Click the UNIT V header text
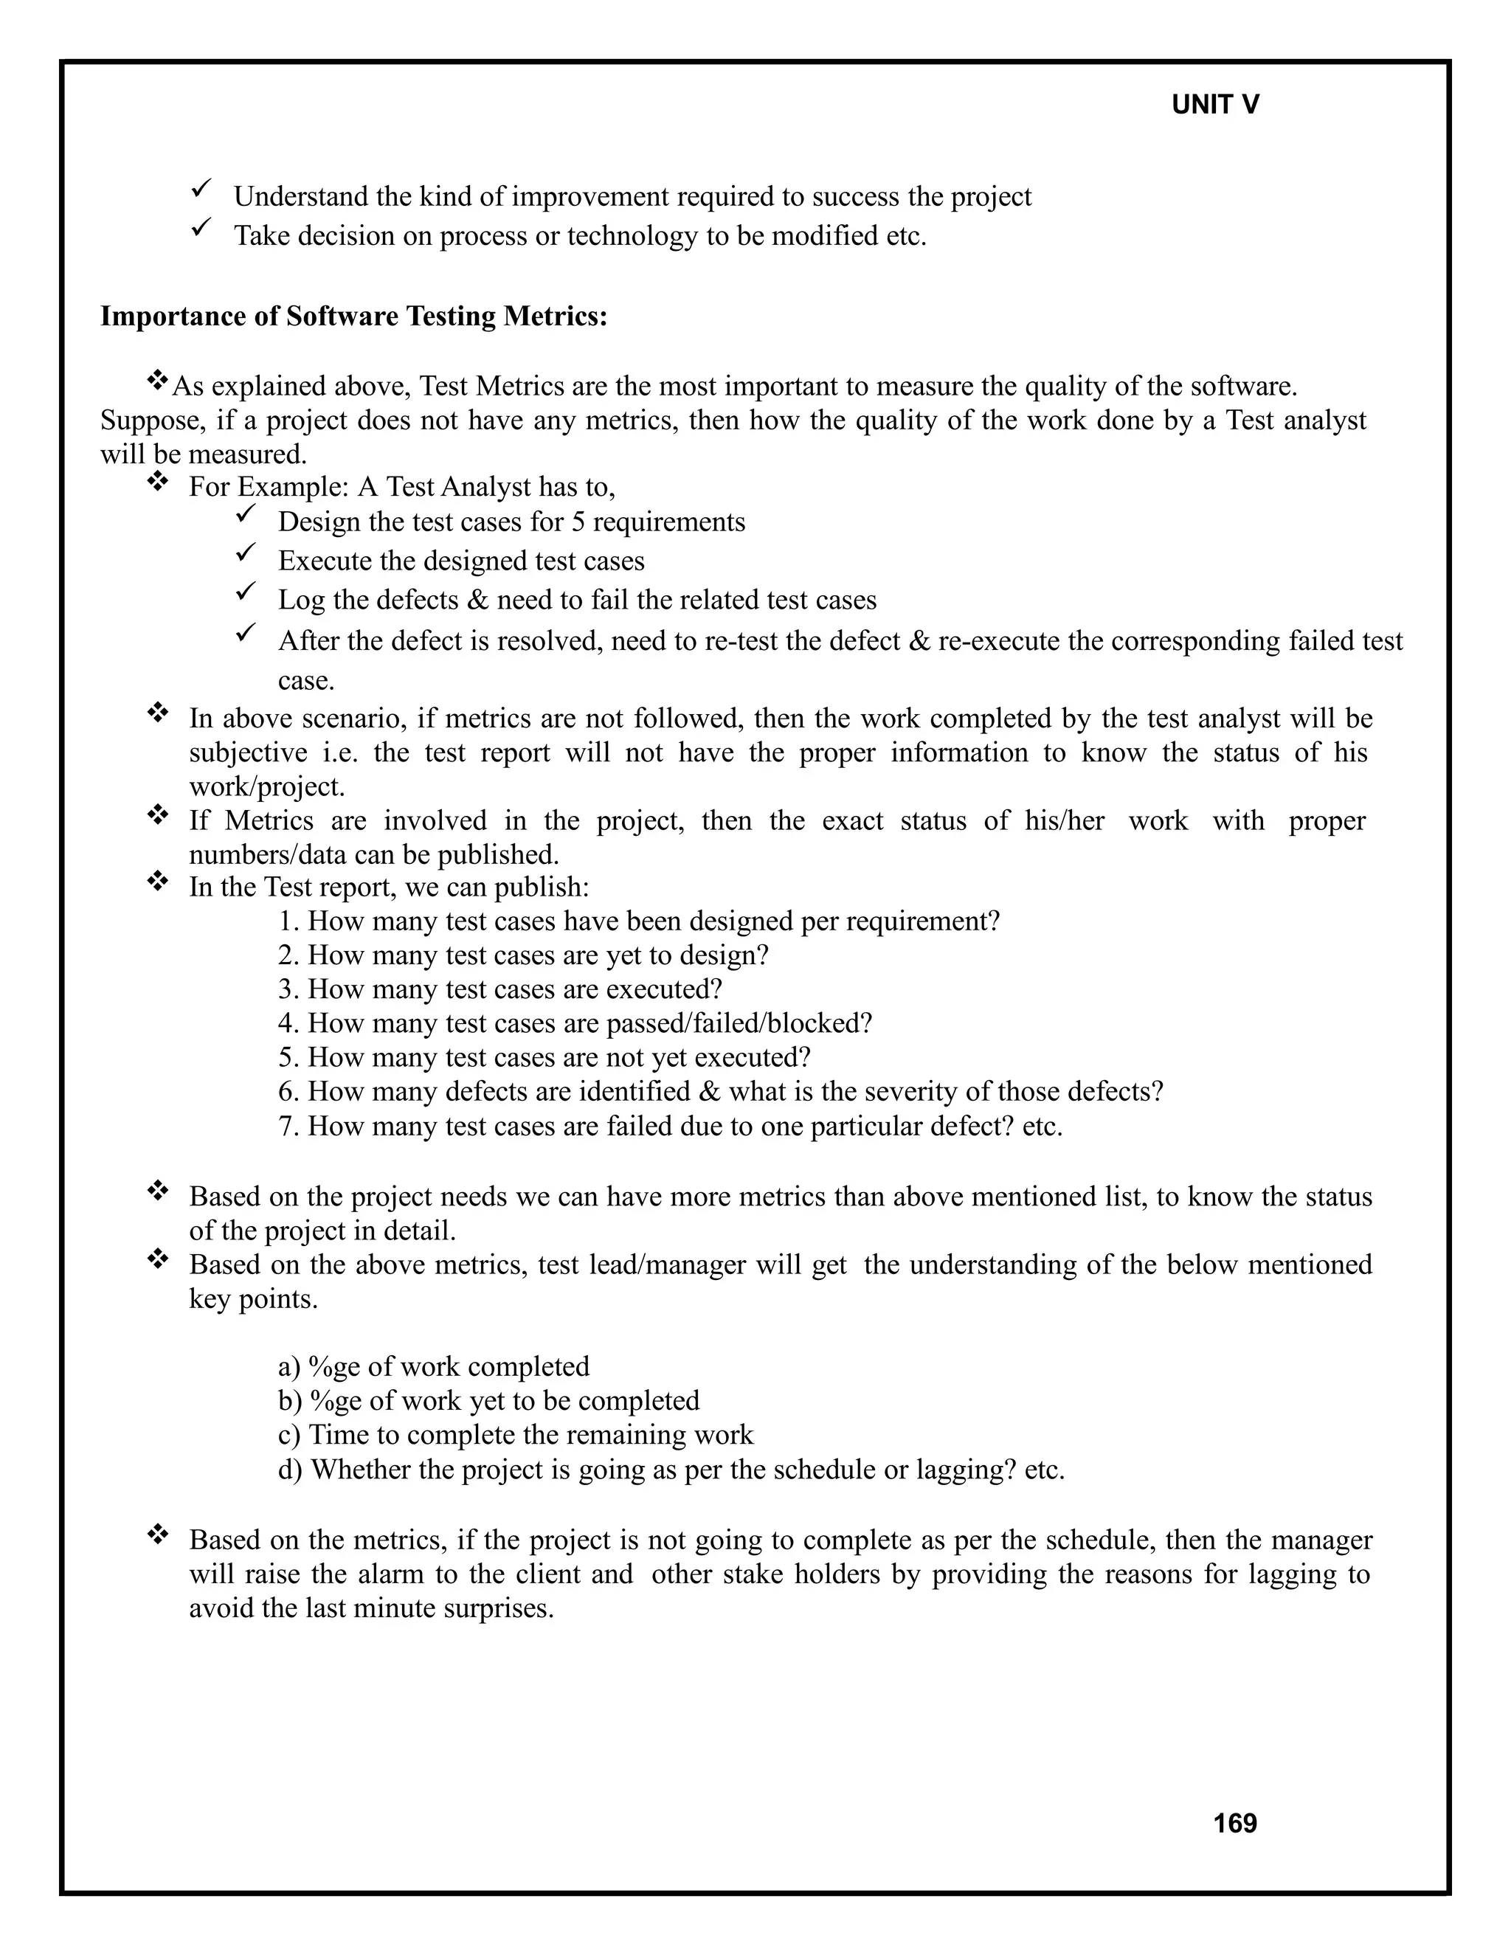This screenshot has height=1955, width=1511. tap(1214, 105)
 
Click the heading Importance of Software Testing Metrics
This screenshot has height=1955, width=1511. tap(353, 316)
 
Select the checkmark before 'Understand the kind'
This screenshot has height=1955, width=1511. tap(201, 189)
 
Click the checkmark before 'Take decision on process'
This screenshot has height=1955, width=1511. tap(201, 228)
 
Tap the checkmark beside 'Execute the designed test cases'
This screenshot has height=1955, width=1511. tap(246, 553)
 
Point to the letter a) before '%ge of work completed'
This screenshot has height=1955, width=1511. tap(288, 1367)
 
